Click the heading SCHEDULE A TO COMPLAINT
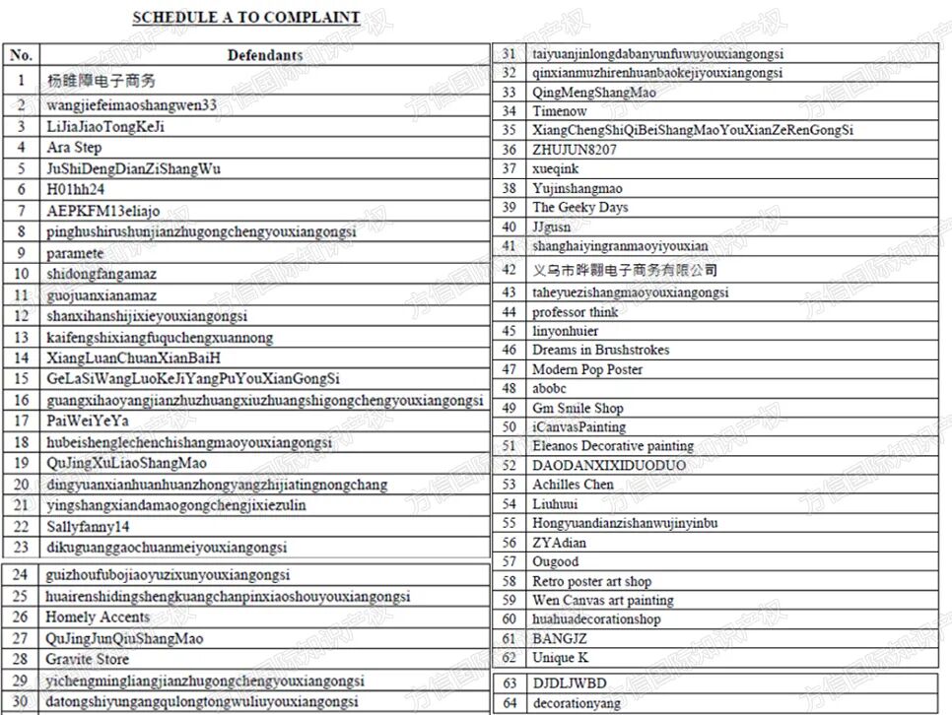[245, 17]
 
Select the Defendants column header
[265, 55]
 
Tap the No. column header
[21, 55]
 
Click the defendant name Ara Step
[74, 148]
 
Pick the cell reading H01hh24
[75, 189]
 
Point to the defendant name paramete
[75, 253]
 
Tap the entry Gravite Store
[87, 659]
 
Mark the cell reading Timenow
[560, 111]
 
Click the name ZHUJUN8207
[575, 150]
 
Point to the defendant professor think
[576, 312]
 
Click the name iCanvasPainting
[578, 427]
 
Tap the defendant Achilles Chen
[573, 485]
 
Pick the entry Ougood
[556, 561]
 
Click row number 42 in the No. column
[509, 269]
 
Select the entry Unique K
[560, 658]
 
